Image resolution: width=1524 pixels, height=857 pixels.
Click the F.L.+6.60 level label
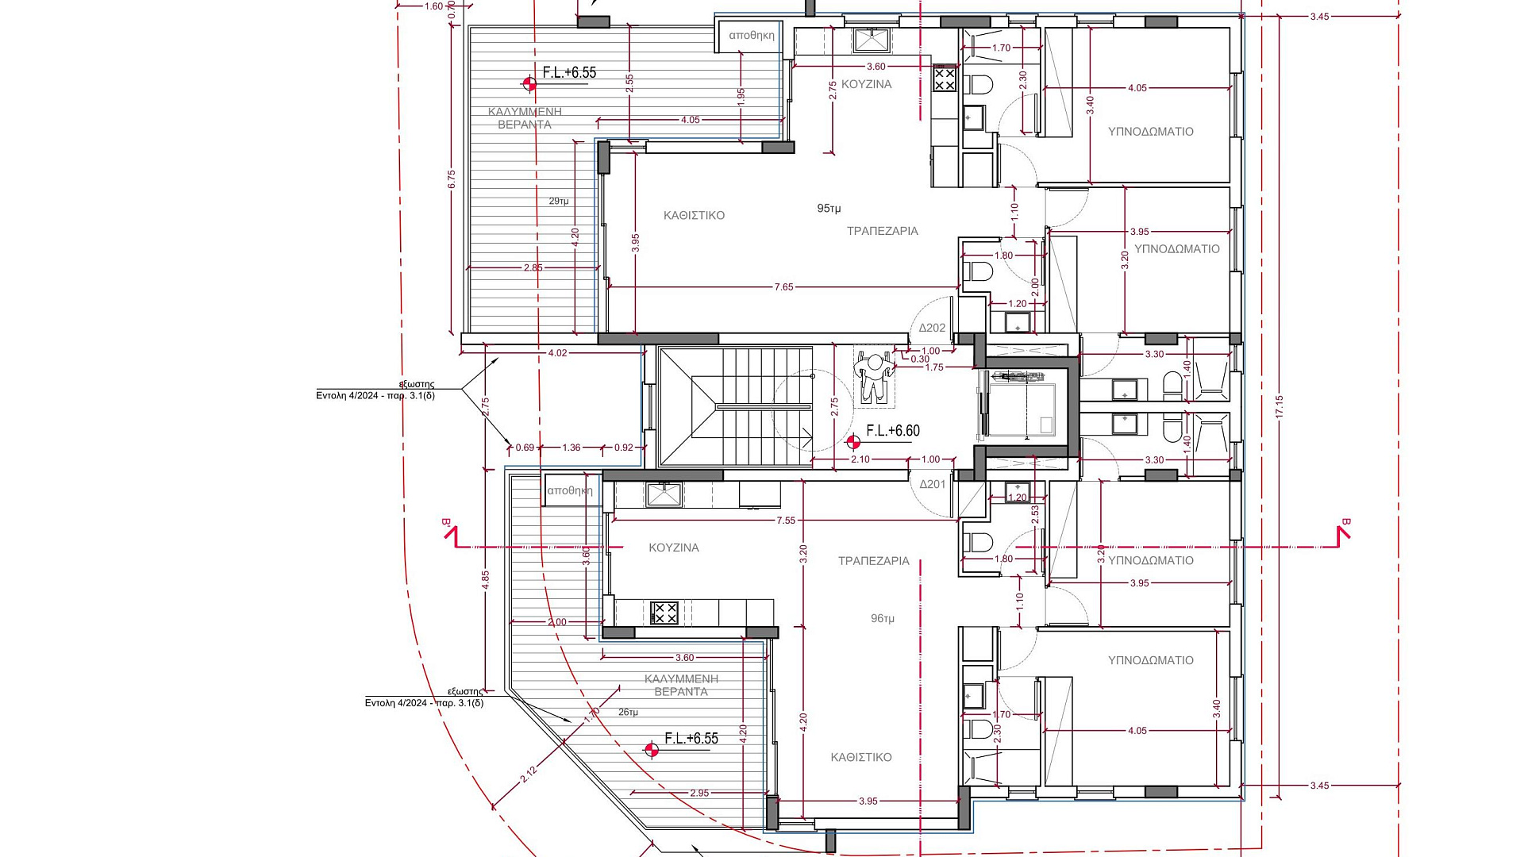893,431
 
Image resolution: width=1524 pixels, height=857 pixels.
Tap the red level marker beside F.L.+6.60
853,442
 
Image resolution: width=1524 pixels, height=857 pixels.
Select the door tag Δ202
933,328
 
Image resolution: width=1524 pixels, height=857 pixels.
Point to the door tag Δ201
933,484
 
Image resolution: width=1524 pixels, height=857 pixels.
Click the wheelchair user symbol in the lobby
874,378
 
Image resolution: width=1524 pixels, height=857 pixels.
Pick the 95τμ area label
829,209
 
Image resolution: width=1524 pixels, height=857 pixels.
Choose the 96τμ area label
883,618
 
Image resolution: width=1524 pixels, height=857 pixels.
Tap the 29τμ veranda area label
559,202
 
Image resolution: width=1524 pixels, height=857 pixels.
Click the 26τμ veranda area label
628,713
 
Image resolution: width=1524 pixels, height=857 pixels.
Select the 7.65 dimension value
783,287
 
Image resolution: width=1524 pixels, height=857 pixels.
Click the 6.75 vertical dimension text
452,179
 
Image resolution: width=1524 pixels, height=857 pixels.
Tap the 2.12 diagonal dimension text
529,774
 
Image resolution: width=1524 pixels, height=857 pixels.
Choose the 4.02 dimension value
558,353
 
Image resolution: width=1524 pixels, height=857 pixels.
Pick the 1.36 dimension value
571,448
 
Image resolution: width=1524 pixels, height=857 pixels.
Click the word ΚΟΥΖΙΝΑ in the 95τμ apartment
867,84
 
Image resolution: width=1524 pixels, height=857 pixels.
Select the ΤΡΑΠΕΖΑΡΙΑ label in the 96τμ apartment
874,561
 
